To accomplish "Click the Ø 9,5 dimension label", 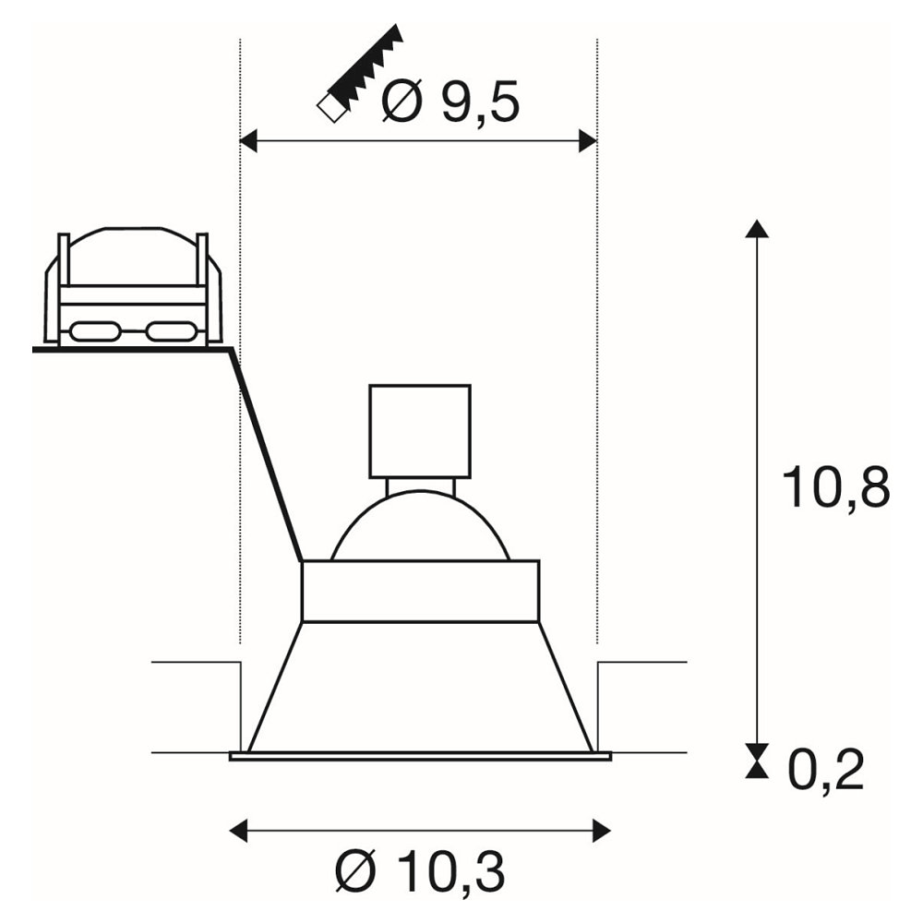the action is pos(451,102).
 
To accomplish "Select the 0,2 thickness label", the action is pos(825,770).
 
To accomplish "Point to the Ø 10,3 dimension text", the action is pos(420,872).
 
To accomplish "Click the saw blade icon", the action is pos(360,74).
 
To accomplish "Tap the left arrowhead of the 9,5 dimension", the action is pos(249,141).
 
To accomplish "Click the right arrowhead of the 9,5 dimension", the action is pos(588,141).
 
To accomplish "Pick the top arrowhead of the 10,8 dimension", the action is pos(757,228).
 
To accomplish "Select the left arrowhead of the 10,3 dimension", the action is pos(238,831).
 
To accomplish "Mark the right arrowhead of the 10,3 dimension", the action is pos(602,831).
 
